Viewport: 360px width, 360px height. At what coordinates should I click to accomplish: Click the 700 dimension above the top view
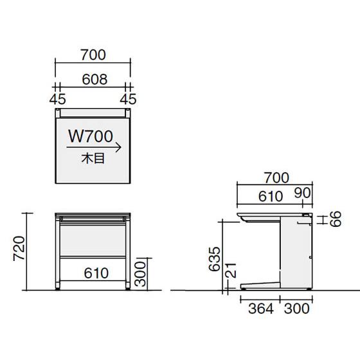(x=93, y=55)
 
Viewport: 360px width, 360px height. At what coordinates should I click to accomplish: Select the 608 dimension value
(x=94, y=79)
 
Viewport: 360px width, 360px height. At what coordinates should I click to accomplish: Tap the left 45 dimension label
(x=58, y=99)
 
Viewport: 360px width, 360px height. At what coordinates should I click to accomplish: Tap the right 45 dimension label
(x=128, y=99)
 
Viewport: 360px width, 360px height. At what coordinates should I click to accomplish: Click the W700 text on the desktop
(x=91, y=136)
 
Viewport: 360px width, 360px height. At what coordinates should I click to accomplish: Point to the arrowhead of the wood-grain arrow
(x=120, y=147)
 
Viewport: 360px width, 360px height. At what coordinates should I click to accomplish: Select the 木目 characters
(x=93, y=159)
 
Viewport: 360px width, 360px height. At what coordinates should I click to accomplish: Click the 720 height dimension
(x=19, y=249)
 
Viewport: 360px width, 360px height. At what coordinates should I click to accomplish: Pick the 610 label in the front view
(x=96, y=273)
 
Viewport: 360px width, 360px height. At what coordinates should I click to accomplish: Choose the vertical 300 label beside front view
(x=140, y=274)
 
